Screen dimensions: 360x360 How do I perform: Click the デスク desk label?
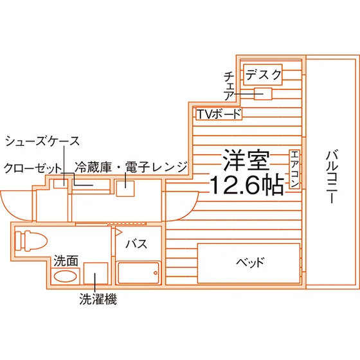click(x=264, y=75)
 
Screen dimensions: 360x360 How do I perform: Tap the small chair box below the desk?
click(x=263, y=94)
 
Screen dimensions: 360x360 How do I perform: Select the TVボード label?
click(x=219, y=114)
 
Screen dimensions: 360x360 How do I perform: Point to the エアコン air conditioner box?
click(x=294, y=169)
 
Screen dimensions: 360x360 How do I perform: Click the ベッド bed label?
click(x=250, y=262)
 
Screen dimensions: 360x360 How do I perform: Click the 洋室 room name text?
click(x=246, y=160)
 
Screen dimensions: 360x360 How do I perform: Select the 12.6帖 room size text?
click(x=247, y=184)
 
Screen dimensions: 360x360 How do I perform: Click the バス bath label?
click(x=136, y=244)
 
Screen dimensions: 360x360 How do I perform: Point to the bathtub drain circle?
click(x=156, y=273)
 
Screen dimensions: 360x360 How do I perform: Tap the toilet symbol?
click(x=31, y=240)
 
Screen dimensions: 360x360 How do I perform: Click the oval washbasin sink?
click(x=65, y=276)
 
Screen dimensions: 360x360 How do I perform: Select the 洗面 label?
click(x=66, y=261)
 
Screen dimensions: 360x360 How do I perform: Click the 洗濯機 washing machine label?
click(x=98, y=299)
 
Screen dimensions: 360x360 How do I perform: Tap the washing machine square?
click(x=96, y=273)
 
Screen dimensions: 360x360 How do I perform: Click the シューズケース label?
click(x=42, y=141)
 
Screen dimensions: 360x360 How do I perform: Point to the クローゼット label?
click(x=33, y=168)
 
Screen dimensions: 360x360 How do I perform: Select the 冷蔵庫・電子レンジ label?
click(x=131, y=167)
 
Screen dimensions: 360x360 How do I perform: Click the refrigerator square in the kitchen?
click(x=125, y=188)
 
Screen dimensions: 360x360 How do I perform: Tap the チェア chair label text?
click(x=230, y=86)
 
